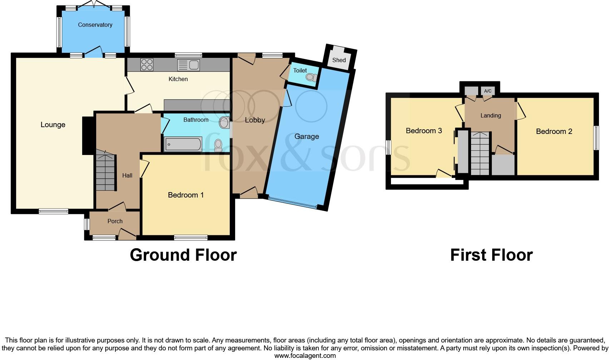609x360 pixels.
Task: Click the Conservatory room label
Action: [x=95, y=25]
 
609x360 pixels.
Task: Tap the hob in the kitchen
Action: [x=147, y=65]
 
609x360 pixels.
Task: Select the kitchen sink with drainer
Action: [x=188, y=65]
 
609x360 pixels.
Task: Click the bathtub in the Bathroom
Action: [x=183, y=145]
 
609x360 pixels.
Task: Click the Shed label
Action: [x=339, y=60]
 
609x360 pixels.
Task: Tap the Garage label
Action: [x=307, y=136]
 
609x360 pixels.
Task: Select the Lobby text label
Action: [x=255, y=120]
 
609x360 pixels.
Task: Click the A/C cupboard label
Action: [x=487, y=91]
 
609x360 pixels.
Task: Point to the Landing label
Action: [x=490, y=116]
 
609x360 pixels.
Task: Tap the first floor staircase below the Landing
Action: [x=480, y=154]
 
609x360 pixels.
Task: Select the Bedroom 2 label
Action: [x=554, y=131]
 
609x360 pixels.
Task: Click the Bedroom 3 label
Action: [x=424, y=131]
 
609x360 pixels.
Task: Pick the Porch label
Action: [x=115, y=221]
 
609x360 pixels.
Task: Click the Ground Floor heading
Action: [x=183, y=255]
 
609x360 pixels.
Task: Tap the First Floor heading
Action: [x=491, y=255]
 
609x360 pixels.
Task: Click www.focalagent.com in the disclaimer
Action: [x=305, y=355]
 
